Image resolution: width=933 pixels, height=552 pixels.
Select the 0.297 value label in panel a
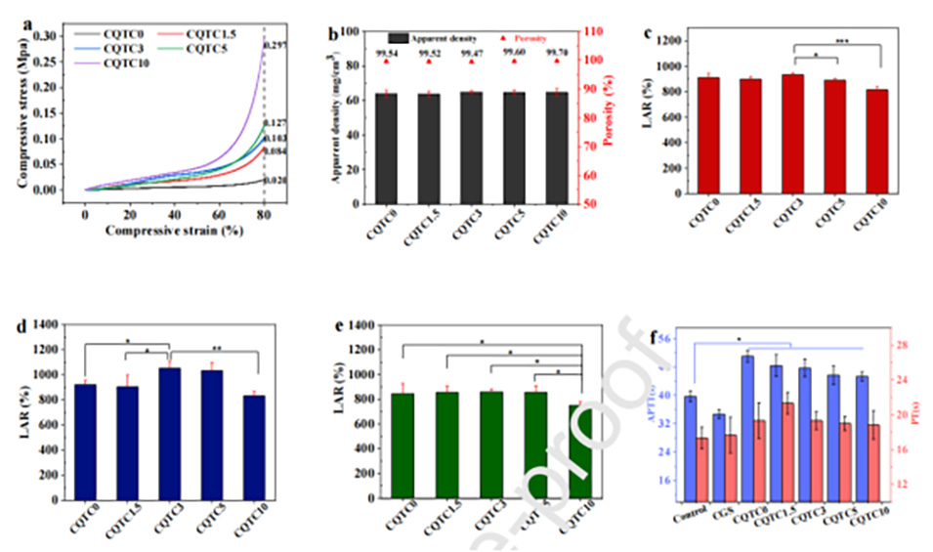276,46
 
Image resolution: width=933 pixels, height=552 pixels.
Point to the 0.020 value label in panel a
276,181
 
